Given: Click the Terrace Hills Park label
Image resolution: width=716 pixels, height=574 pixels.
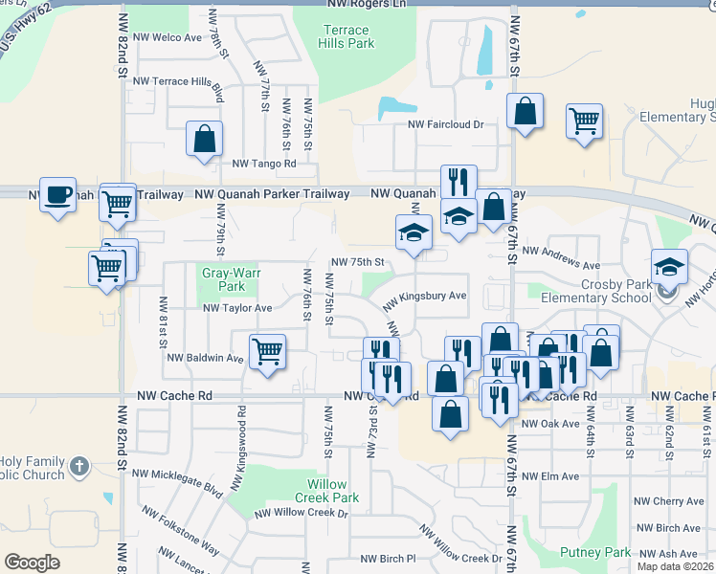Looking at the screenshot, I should point(347,36).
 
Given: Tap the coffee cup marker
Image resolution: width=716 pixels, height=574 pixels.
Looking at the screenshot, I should point(57,195).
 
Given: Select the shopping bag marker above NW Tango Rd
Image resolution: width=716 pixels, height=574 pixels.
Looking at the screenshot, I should point(205,140).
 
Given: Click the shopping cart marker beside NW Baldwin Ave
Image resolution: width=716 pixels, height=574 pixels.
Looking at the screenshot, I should point(268,352).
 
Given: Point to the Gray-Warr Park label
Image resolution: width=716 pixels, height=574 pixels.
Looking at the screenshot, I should point(223,279).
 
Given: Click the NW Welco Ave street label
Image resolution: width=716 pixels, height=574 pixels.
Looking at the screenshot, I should point(168,37).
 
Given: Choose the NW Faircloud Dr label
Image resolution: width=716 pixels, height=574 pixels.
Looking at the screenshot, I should point(446,124).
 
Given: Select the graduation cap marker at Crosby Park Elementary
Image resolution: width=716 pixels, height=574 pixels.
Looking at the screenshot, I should point(669,267).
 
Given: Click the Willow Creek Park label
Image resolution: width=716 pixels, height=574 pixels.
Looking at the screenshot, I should point(326,491).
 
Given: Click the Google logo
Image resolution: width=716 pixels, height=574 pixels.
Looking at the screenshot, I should point(32,563).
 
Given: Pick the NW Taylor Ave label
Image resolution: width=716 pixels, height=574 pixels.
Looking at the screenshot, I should point(237,308).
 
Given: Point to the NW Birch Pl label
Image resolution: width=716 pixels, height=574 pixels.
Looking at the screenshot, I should point(388,559).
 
